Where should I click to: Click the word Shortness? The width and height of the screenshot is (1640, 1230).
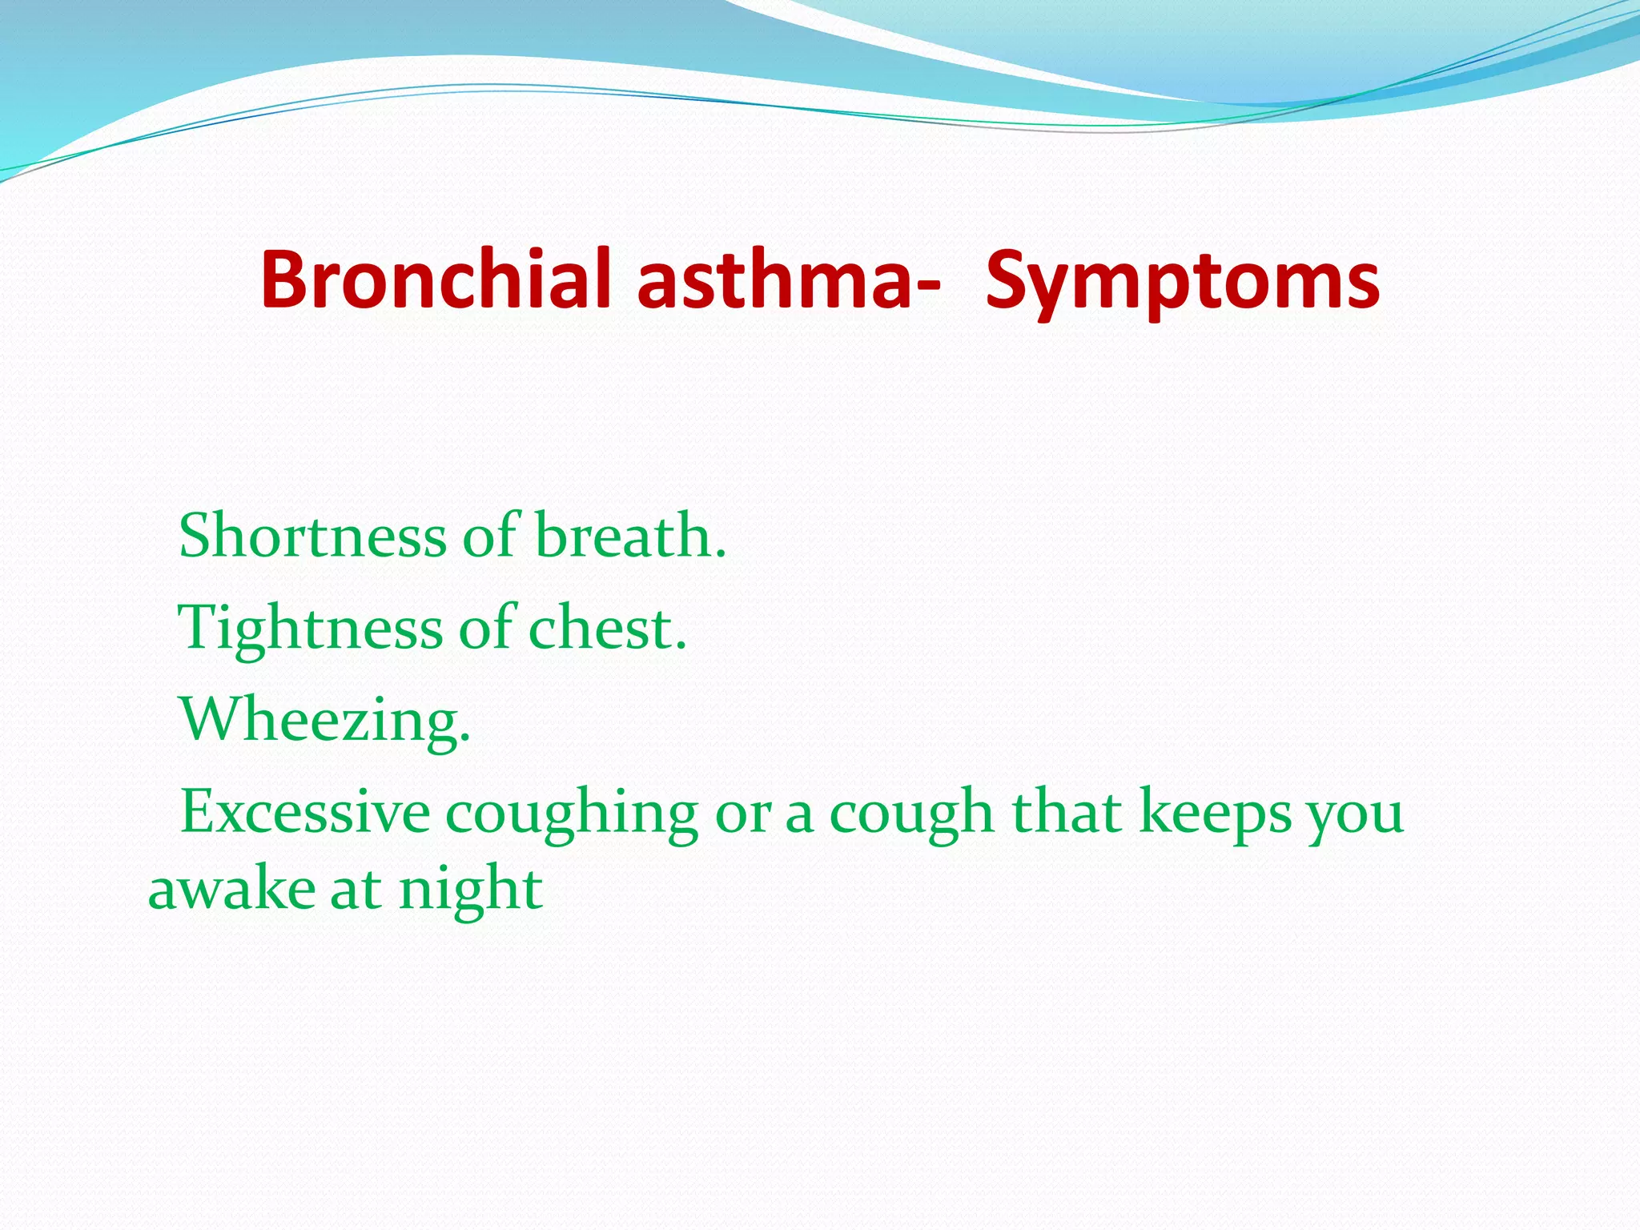click(312, 535)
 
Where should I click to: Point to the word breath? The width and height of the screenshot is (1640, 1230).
click(630, 535)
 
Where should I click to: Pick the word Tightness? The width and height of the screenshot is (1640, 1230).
click(310, 628)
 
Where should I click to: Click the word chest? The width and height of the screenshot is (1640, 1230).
click(606, 628)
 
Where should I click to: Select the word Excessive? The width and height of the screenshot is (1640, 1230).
click(305, 812)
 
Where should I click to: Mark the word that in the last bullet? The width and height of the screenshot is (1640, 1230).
click(1067, 812)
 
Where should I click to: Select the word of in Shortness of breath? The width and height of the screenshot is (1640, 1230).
click(490, 535)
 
